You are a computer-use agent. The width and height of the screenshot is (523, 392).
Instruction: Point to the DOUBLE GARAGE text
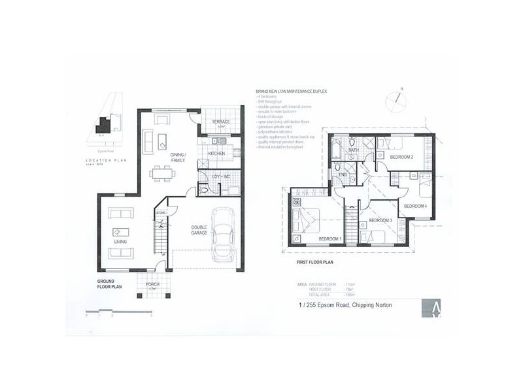pyautogui.click(x=199, y=231)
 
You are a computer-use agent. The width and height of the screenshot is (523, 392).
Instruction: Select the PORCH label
pyautogui.click(x=152, y=284)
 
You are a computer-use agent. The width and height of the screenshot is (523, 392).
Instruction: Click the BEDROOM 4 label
pyautogui.click(x=415, y=206)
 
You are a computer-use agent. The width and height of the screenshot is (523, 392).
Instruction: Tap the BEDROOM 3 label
pyautogui.click(x=380, y=220)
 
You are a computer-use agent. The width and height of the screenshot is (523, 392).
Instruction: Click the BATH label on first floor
pyautogui.click(x=352, y=150)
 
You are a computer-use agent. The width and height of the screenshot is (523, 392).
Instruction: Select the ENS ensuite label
pyautogui.click(x=343, y=175)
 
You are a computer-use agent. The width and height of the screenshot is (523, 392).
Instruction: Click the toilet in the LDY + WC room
pyautogui.click(x=204, y=190)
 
